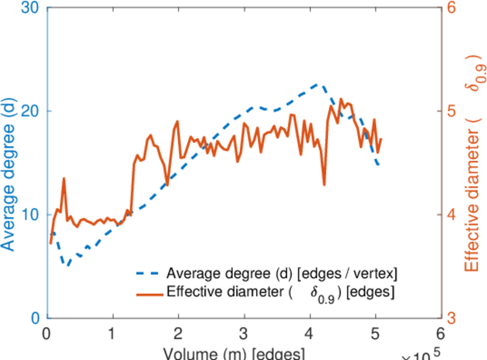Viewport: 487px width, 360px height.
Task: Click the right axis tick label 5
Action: click(x=452, y=112)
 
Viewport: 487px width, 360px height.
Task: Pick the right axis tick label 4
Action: click(x=452, y=215)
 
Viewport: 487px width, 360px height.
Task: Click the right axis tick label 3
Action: click(x=452, y=318)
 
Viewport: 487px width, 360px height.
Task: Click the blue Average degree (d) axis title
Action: click(x=8, y=174)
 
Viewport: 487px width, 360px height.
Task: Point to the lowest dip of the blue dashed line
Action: click(x=68, y=265)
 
